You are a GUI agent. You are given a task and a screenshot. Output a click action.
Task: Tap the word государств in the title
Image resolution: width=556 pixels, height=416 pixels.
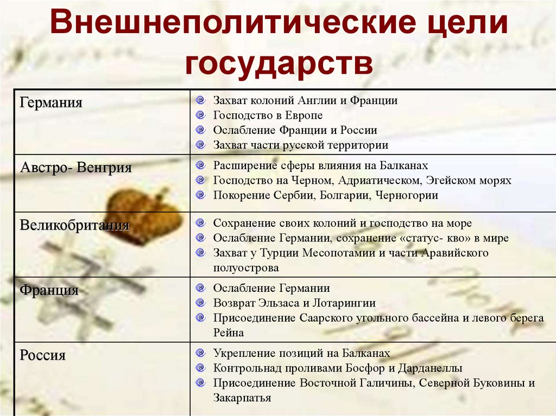pyautogui.click(x=279, y=64)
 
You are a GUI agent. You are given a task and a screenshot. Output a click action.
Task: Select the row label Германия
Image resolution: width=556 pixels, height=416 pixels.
pyautogui.click(x=51, y=103)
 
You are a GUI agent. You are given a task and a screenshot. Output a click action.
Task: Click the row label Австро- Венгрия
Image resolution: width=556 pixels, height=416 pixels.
pyautogui.click(x=76, y=168)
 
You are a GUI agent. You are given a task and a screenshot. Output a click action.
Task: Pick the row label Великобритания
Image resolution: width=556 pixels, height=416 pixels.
pyautogui.click(x=74, y=225)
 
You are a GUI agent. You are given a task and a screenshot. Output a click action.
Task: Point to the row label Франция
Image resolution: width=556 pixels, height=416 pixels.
pyautogui.click(x=49, y=290)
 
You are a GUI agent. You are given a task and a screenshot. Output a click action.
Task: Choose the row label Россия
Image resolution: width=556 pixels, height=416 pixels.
pyautogui.click(x=43, y=356)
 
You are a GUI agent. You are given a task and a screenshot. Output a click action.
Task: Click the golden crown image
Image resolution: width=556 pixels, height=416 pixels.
pyautogui.click(x=144, y=214)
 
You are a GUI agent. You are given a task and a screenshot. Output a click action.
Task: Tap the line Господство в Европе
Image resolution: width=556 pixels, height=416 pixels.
pyautogui.click(x=268, y=116)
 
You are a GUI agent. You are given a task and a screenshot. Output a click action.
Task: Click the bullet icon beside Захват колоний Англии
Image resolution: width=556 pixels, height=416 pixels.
pyautogui.click(x=201, y=100)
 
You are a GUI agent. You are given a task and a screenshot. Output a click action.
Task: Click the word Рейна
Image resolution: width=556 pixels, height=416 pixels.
pyautogui.click(x=229, y=332)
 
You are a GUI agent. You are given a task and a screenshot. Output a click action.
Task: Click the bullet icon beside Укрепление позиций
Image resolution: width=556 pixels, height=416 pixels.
pyautogui.click(x=201, y=353)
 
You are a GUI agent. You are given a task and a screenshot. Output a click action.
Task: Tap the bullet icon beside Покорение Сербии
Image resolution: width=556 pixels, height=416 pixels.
pyautogui.click(x=201, y=195)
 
